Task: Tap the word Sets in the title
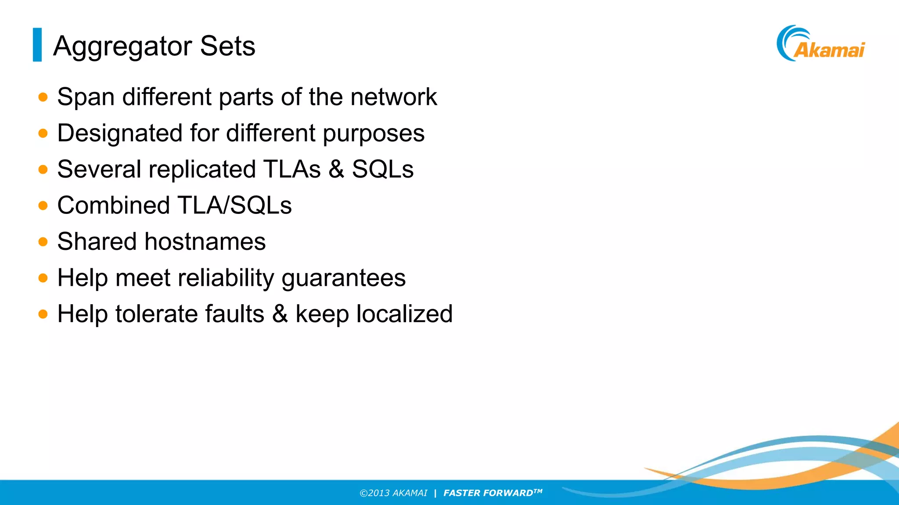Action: [x=227, y=46]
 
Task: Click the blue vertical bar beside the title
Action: [x=37, y=45]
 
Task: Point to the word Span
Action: [x=86, y=97]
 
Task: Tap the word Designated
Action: [x=120, y=133]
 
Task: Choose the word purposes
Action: [x=374, y=133]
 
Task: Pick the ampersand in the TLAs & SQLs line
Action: [x=336, y=169]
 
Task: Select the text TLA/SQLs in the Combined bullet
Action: [x=234, y=205]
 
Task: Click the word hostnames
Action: [x=205, y=242]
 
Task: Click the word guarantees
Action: [x=343, y=278]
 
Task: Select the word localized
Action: [x=404, y=314]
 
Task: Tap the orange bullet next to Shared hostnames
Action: [x=43, y=242]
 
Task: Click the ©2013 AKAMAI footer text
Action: [x=393, y=493]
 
